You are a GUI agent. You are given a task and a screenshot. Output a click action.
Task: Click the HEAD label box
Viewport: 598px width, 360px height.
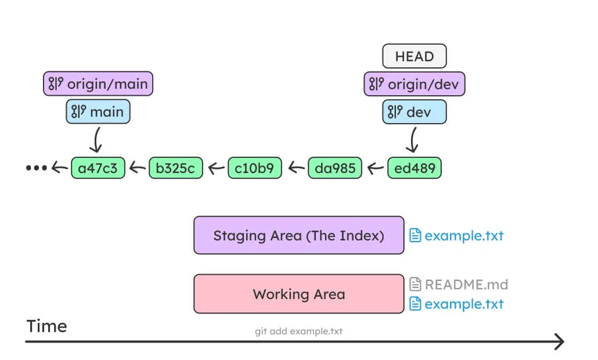coord(414,56)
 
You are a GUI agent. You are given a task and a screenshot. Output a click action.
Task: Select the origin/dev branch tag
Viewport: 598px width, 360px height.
coord(414,85)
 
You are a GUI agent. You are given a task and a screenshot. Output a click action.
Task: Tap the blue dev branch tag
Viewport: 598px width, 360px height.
coord(414,112)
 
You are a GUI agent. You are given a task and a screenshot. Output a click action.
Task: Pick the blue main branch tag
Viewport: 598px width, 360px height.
coord(98,111)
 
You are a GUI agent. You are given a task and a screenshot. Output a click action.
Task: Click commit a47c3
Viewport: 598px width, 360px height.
coord(98,168)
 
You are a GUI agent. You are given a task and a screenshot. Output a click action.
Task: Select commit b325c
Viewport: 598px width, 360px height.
coord(176,168)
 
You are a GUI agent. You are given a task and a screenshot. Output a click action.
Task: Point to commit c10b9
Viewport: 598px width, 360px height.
coord(255,168)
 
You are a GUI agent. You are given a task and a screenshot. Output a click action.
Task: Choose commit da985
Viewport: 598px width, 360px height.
coord(334,168)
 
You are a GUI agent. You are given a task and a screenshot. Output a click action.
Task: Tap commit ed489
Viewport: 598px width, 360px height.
coord(414,168)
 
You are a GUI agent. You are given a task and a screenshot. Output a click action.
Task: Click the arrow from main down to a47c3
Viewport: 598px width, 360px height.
coord(98,140)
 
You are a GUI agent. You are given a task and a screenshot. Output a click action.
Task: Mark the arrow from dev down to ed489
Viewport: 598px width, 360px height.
coord(413,140)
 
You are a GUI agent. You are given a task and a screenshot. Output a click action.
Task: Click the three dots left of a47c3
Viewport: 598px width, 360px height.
coord(36,168)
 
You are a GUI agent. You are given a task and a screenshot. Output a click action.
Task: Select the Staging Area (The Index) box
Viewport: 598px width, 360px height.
coord(298,235)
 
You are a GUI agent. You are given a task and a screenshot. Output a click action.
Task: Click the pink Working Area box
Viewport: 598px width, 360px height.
coord(298,294)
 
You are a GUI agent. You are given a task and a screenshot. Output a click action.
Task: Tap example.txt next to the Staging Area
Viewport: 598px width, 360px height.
coord(456,236)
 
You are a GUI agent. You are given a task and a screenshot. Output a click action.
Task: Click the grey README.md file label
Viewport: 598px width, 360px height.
coord(459,284)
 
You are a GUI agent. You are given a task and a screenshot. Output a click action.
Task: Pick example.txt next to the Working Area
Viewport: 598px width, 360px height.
coord(456,304)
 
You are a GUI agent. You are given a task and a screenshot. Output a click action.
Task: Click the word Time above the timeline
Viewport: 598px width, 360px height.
coord(46,326)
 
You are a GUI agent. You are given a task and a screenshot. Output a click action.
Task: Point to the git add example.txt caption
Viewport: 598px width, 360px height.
coord(298,332)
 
